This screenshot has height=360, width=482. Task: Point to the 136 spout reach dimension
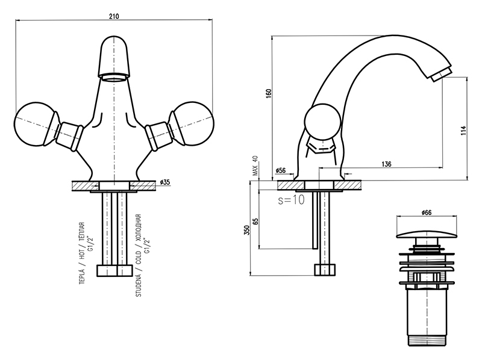(386, 164)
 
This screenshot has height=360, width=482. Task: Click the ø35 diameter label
(166, 182)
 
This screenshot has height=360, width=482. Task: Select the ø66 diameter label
(426, 212)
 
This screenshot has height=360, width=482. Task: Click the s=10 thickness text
(291, 200)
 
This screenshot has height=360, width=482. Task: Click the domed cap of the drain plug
(426, 229)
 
